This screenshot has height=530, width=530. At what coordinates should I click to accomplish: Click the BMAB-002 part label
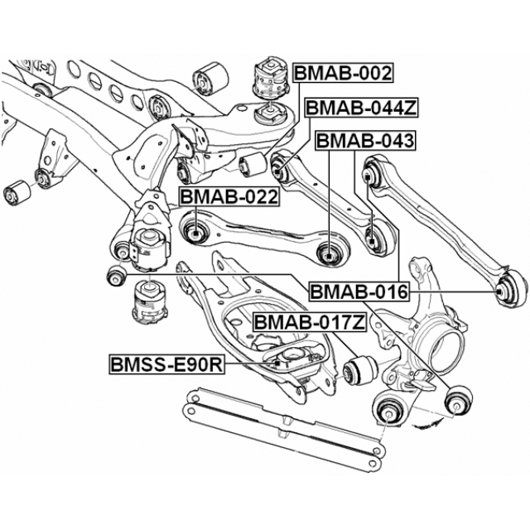[x=342, y=73]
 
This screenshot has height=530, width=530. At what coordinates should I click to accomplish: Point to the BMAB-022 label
[x=229, y=197]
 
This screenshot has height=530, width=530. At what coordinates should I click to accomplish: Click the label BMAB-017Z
[x=309, y=322]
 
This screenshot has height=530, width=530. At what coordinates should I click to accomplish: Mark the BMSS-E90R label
[x=166, y=364]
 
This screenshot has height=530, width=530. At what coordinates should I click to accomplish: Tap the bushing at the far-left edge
[x=17, y=193]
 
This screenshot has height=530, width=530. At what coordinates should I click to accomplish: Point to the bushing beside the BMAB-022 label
[x=196, y=229]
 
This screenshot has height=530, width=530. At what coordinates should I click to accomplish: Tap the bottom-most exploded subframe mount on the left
[x=150, y=304]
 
